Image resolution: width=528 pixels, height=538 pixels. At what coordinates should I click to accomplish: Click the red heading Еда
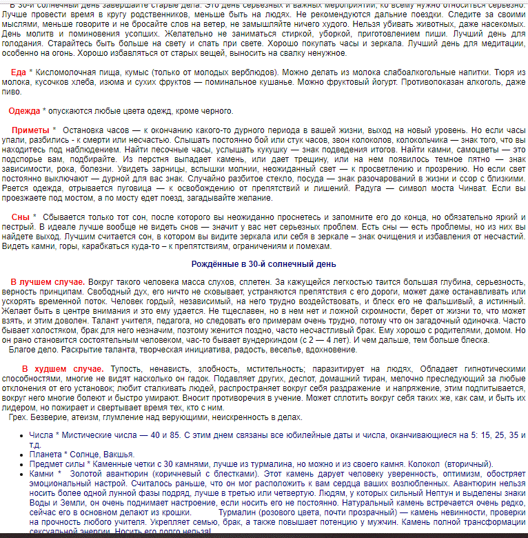(19, 72)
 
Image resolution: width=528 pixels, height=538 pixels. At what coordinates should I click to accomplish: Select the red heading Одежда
(24, 111)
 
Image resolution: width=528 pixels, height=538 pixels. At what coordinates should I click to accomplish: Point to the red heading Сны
(21, 217)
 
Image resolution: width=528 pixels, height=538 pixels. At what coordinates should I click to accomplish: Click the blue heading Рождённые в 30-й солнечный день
(264, 264)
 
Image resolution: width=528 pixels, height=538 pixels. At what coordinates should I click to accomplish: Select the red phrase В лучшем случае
(48, 282)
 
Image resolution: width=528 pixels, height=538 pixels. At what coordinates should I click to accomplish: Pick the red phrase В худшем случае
(63, 369)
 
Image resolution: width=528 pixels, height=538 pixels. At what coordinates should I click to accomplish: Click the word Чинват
(494, 188)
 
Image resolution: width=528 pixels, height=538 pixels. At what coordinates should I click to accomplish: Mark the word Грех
(21, 417)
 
